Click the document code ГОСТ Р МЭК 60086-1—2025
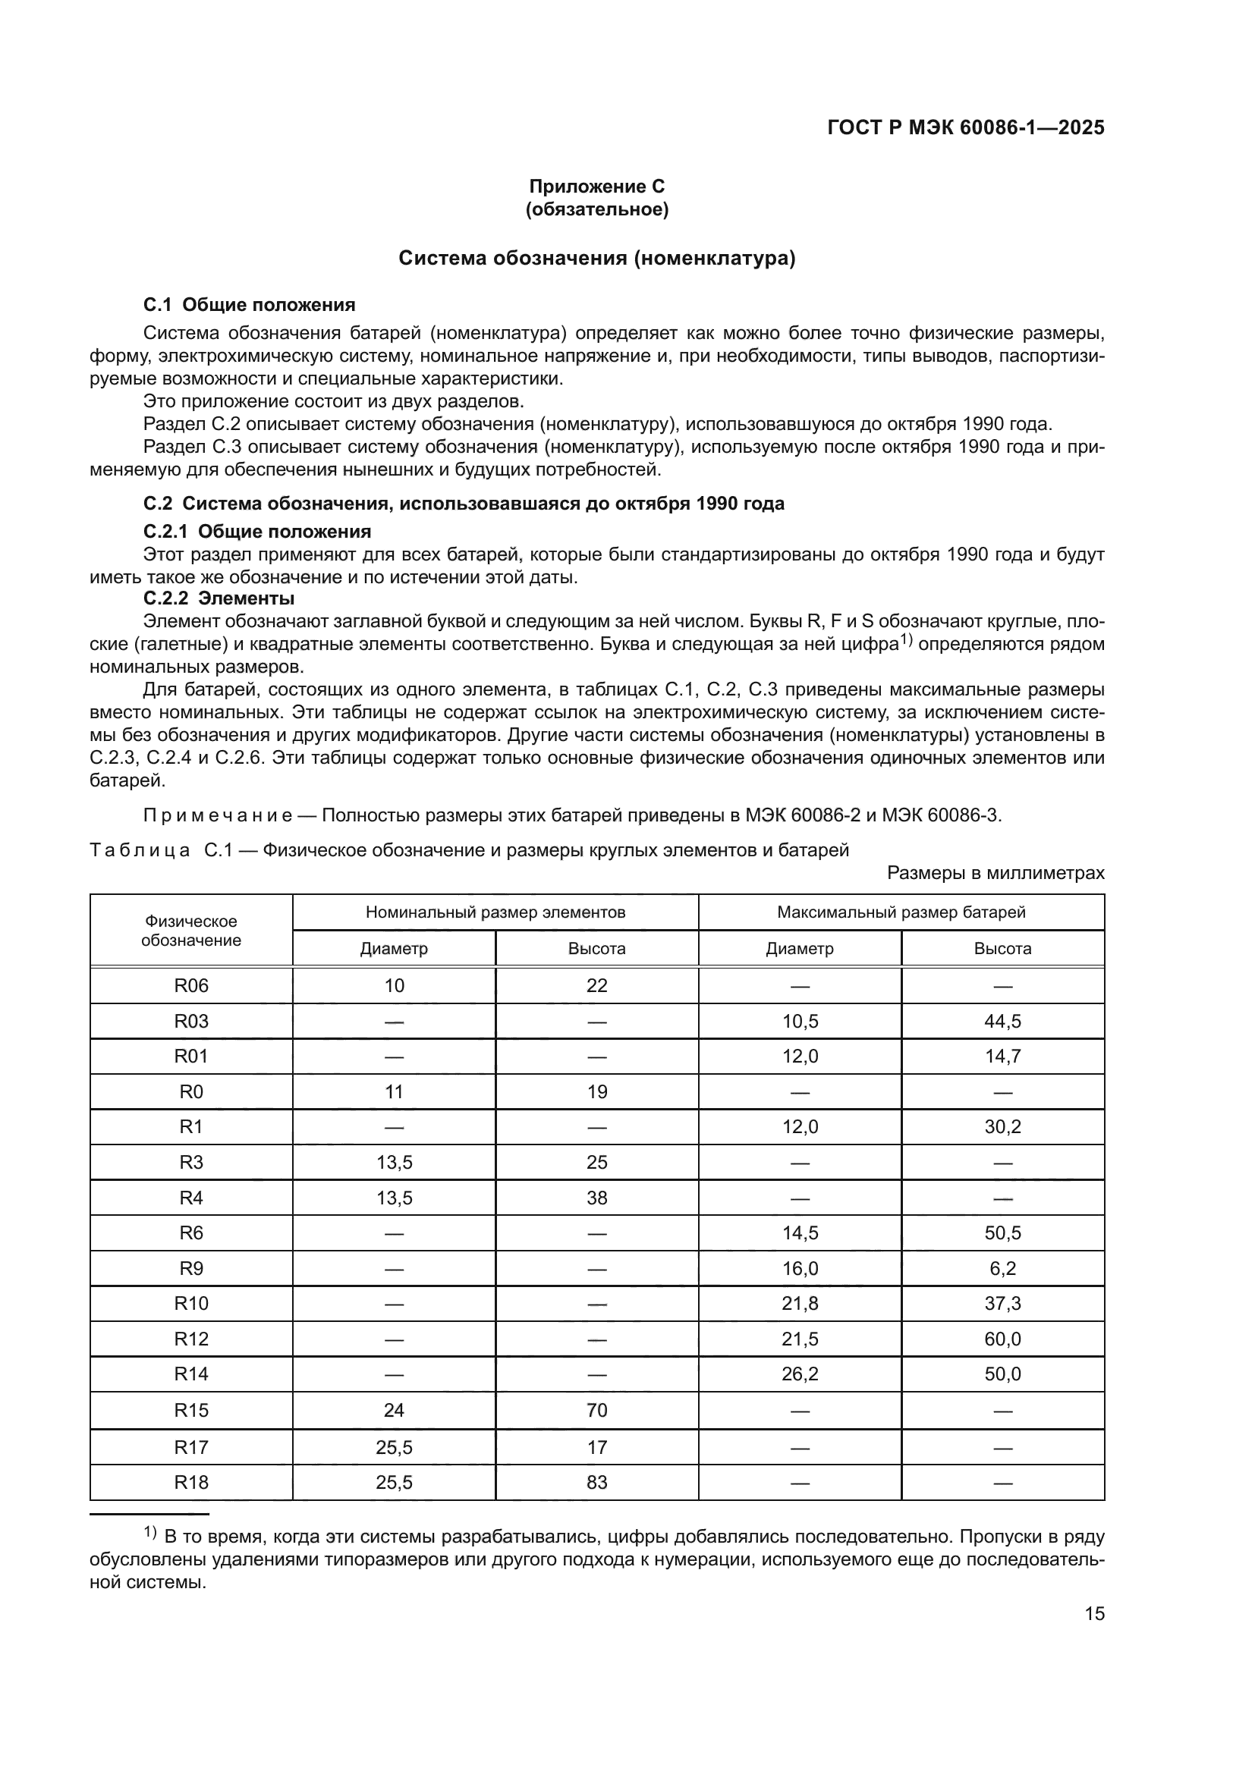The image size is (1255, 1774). click(965, 127)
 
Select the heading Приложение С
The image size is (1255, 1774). click(596, 187)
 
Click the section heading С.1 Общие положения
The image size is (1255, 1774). click(249, 304)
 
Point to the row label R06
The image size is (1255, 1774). click(191, 985)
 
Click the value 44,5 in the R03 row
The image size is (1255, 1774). click(1002, 1021)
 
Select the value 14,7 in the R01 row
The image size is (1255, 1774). click(1002, 1057)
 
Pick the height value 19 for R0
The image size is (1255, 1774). click(596, 1091)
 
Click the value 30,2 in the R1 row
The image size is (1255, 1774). click(1002, 1126)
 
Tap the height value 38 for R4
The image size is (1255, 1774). click(596, 1198)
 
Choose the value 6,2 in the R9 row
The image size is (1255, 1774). click(1002, 1268)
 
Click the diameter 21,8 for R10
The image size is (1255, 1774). click(800, 1304)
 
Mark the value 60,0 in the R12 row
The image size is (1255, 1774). click(1002, 1339)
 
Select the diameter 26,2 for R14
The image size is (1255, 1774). click(800, 1374)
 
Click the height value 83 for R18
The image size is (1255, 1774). click(596, 1482)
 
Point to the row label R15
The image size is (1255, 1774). click(191, 1410)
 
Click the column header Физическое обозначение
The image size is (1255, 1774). click(191, 931)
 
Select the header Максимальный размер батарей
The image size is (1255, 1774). click(901, 912)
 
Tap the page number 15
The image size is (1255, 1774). click(1094, 1613)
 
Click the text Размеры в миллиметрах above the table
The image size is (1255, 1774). click(996, 873)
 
